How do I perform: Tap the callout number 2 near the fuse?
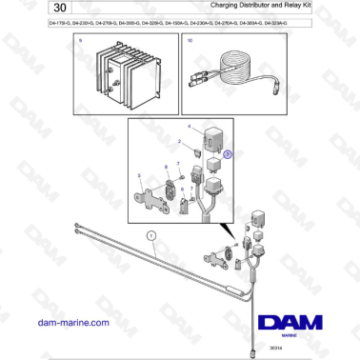pos(176,142)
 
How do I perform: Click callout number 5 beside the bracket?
pos(140,174)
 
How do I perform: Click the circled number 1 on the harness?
pos(150,233)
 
